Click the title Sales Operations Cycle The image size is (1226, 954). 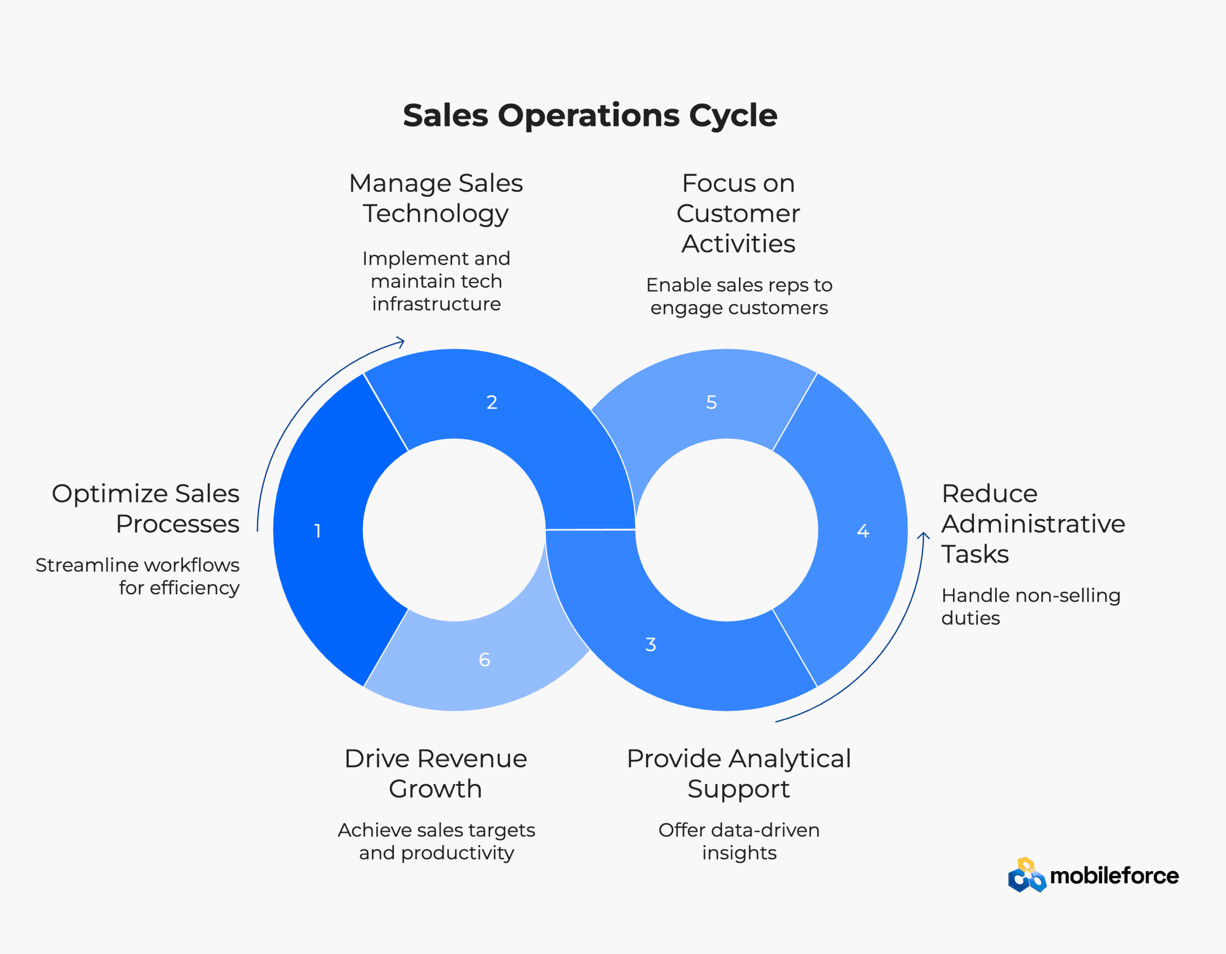tap(590, 116)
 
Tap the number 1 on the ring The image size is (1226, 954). tap(318, 531)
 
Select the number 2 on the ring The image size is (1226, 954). tap(492, 402)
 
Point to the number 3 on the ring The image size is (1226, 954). tap(651, 644)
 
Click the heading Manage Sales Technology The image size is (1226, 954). tap(436, 198)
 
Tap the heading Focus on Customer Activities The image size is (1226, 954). tap(738, 214)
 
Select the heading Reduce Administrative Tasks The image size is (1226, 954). tap(1033, 523)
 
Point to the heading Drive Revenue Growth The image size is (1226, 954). tap(436, 773)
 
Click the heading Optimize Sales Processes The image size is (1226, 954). tap(146, 508)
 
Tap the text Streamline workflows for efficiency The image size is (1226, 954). tap(137, 576)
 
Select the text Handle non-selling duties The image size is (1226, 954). tap(1031, 606)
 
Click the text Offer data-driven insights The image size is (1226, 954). tap(739, 841)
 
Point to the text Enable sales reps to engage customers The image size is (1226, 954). tap(739, 296)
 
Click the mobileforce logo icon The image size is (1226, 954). tap(1027, 875)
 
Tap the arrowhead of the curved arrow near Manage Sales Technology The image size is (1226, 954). tap(401, 341)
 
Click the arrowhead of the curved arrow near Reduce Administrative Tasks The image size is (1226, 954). tap(923, 536)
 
